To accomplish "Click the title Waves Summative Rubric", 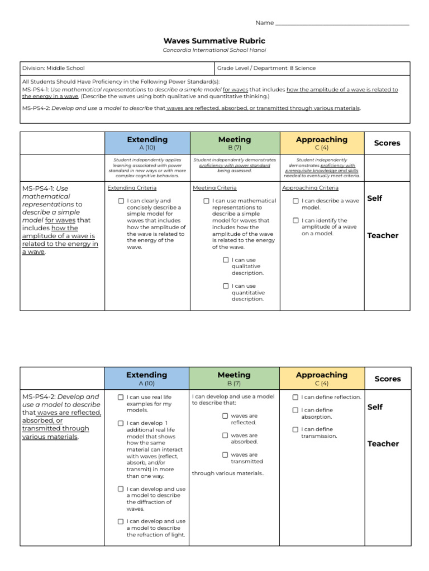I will pyautogui.click(x=214, y=41).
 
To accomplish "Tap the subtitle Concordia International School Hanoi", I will pyautogui.click(x=214, y=50).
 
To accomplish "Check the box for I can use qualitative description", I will pyautogui.click(x=226, y=260).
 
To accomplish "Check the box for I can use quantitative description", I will pyautogui.click(x=226, y=286).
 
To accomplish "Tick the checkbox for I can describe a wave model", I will pyautogui.click(x=295, y=201).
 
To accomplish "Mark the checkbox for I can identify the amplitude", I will pyautogui.click(x=295, y=220).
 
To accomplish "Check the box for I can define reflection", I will pyautogui.click(x=295, y=397).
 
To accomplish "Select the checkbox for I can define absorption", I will pyautogui.click(x=295, y=410).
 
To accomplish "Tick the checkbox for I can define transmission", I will pyautogui.click(x=295, y=429).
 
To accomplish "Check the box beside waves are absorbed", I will pyautogui.click(x=225, y=435).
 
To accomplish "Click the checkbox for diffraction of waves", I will pyautogui.click(x=121, y=489).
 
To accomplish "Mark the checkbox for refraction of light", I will pyautogui.click(x=121, y=521).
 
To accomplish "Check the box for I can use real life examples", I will pyautogui.click(x=121, y=397).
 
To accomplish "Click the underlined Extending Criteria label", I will pyautogui.click(x=132, y=188).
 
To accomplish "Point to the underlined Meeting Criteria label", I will pyautogui.click(x=214, y=188).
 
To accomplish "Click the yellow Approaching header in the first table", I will pyautogui.click(x=321, y=143).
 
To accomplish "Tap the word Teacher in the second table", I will pyautogui.click(x=383, y=444).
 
